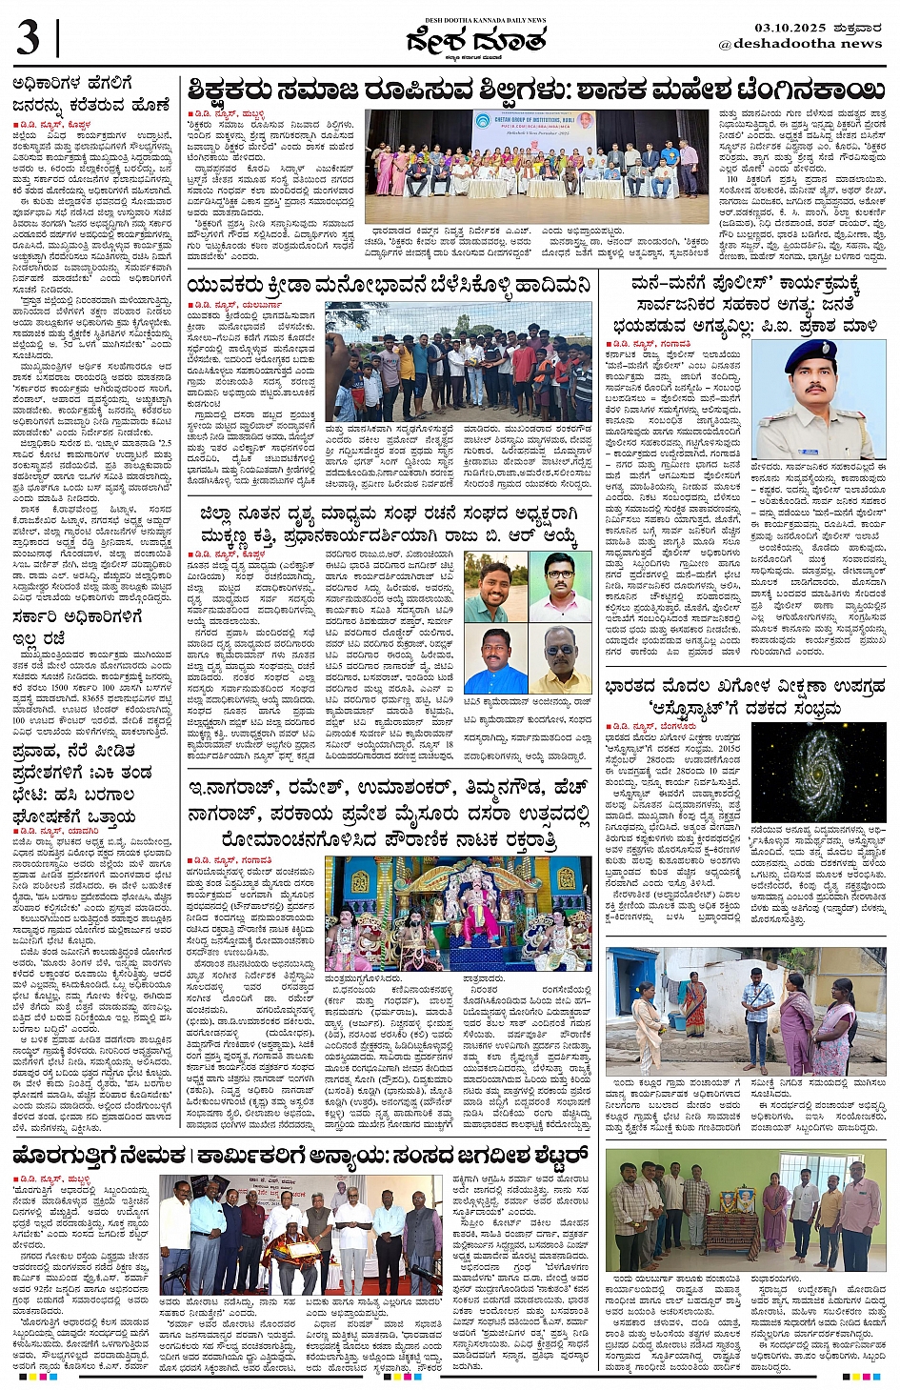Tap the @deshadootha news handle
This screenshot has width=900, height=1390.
pyautogui.click(x=800, y=44)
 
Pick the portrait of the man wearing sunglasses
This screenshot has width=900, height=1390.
pyautogui.click(x=558, y=658)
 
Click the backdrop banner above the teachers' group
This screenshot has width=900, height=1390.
pyautogui.click(x=531, y=126)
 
